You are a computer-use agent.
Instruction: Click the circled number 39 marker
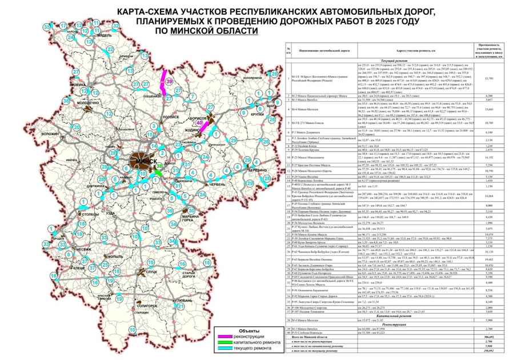coord(170,82)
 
